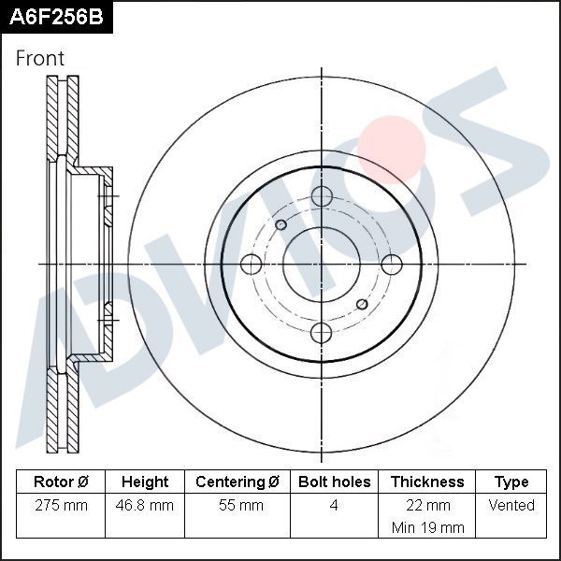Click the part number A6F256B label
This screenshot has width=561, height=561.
(x=55, y=17)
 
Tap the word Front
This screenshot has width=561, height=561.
(x=40, y=58)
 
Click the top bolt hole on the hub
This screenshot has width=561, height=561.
(x=322, y=196)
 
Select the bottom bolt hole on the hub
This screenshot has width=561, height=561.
(x=322, y=332)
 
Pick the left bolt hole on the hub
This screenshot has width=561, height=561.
(x=252, y=265)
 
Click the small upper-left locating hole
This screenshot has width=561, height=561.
(x=280, y=224)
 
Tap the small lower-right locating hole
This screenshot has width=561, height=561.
(x=363, y=304)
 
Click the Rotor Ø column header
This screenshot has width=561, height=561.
(x=61, y=482)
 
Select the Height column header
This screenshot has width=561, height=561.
(x=145, y=482)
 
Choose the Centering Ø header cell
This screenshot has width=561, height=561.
(x=237, y=482)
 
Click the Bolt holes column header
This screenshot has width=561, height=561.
(x=334, y=482)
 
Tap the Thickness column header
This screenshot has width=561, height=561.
(x=427, y=482)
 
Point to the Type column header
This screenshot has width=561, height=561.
(x=511, y=482)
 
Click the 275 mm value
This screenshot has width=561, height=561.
(x=61, y=506)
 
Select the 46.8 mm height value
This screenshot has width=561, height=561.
(x=145, y=506)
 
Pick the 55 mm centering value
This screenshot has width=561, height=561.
(x=237, y=506)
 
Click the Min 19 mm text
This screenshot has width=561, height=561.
(x=427, y=527)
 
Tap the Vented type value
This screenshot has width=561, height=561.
(x=511, y=506)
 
